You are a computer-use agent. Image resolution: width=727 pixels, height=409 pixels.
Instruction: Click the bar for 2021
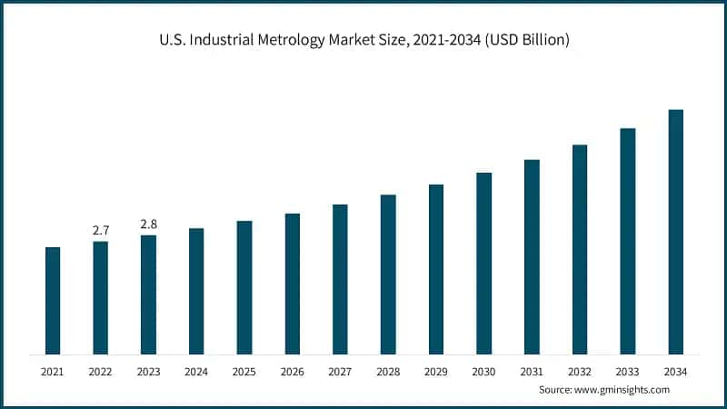pyautogui.click(x=53, y=300)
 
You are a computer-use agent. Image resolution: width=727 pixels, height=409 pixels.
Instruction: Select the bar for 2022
pyautogui.click(x=101, y=297)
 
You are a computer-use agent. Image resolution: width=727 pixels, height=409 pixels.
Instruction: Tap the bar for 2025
pyautogui.click(x=244, y=287)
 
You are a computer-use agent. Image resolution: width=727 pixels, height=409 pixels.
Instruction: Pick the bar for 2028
pyautogui.click(x=388, y=274)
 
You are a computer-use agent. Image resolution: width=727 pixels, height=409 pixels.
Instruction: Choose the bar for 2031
pyautogui.click(x=532, y=256)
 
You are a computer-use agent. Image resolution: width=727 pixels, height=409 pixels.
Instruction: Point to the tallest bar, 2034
pyautogui.click(x=675, y=232)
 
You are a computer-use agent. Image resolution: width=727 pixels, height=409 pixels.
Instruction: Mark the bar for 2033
pyautogui.click(x=627, y=241)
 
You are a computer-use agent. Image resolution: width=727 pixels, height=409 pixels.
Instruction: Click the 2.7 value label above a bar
pyautogui.click(x=101, y=230)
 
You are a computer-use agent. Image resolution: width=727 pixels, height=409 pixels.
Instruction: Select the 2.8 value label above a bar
pyautogui.click(x=148, y=224)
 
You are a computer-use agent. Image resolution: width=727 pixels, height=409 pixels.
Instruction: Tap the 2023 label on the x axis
pyautogui.click(x=148, y=371)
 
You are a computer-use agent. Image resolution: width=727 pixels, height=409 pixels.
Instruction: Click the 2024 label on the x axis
pyautogui.click(x=196, y=371)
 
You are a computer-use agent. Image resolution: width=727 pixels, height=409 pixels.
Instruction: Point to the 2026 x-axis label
pyautogui.click(x=292, y=371)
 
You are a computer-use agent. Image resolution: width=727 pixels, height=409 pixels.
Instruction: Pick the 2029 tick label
pyautogui.click(x=436, y=371)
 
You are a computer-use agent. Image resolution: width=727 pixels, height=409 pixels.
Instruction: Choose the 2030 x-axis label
pyautogui.click(x=483, y=371)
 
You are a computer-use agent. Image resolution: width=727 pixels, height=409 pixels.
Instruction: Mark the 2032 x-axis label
pyautogui.click(x=580, y=371)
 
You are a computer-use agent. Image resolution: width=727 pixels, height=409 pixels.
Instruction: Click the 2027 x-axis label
pyautogui.click(x=340, y=371)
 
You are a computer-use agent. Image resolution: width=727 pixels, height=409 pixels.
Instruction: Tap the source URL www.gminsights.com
pyautogui.click(x=623, y=389)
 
